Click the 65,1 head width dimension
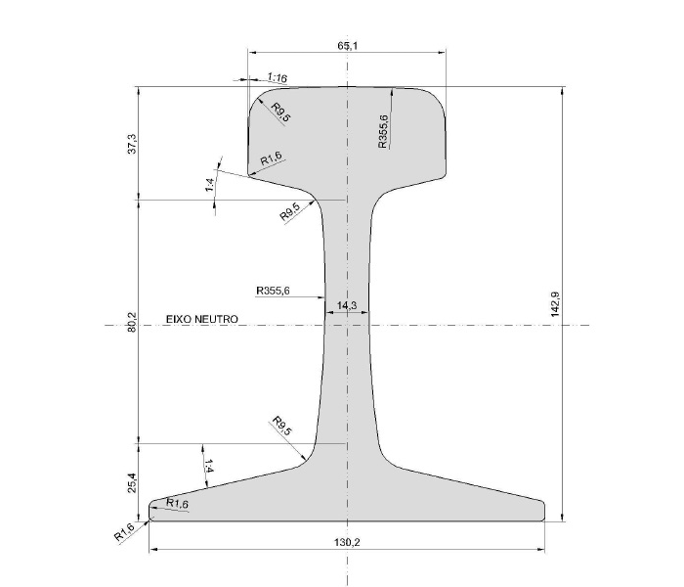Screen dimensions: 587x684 tap(347, 46)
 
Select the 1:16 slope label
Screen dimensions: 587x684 tap(277, 77)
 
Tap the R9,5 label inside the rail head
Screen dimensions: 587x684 tap(280, 112)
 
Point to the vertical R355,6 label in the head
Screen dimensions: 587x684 tap(383, 131)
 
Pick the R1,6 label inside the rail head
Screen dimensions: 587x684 tap(272, 159)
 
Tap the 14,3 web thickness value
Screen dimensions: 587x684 tap(347, 306)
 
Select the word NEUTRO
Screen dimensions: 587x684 tap(216, 319)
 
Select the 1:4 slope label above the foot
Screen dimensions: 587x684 tap(208, 468)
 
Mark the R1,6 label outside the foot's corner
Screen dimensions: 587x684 tap(123, 532)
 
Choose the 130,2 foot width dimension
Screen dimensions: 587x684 tap(347, 541)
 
